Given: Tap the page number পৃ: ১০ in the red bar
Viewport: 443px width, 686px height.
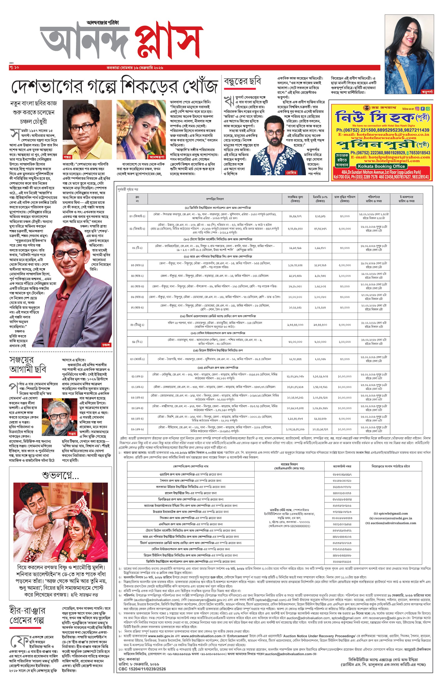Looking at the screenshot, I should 14,67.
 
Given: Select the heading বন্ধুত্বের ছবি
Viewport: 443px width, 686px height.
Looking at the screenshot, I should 243,82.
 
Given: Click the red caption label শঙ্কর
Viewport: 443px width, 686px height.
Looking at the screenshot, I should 67,157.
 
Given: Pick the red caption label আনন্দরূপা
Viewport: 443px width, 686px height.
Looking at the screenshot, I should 157,157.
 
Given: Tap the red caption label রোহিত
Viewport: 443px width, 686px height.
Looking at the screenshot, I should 291,173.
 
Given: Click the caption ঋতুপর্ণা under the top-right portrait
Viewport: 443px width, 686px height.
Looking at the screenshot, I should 427,91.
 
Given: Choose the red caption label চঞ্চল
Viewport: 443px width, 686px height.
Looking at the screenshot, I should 106,345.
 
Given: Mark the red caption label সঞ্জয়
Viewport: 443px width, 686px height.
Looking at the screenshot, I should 72,433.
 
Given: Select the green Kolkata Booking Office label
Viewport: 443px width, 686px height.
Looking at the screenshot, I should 381,166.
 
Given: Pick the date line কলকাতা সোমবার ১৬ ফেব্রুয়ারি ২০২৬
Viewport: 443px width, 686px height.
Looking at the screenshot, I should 135,68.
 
